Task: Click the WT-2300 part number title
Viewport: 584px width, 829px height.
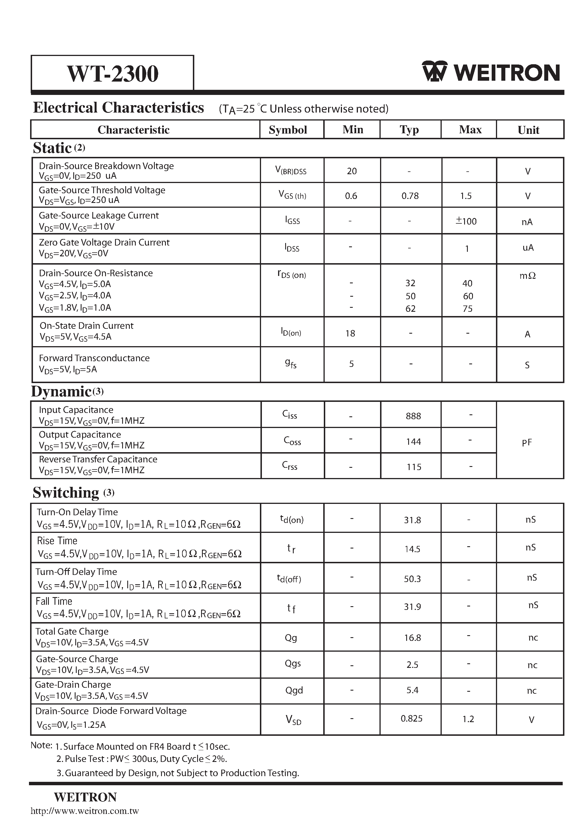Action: click(x=112, y=73)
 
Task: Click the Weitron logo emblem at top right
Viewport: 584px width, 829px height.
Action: click(x=434, y=72)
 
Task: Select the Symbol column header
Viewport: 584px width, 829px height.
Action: click(x=288, y=130)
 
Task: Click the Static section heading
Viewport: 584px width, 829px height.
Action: click(x=52, y=148)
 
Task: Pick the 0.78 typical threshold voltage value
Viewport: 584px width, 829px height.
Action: click(x=410, y=196)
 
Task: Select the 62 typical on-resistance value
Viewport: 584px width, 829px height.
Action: click(x=410, y=309)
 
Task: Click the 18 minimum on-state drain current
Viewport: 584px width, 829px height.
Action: click(x=350, y=333)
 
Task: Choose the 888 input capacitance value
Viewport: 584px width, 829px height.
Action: click(x=413, y=416)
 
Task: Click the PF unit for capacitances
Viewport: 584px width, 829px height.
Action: click(x=527, y=442)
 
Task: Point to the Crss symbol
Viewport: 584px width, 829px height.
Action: click(x=290, y=466)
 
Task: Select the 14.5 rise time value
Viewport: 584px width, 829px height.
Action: click(x=412, y=549)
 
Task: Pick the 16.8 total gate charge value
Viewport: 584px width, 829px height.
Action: click(x=412, y=638)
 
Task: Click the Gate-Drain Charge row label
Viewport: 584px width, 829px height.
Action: click(x=73, y=685)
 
